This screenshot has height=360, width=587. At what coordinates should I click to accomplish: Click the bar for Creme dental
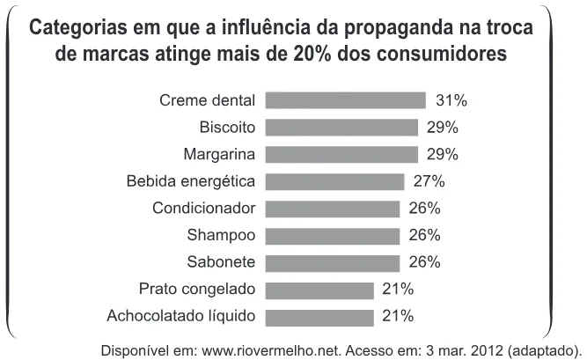click(x=346, y=100)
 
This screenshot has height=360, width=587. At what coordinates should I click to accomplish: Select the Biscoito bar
click(x=341, y=128)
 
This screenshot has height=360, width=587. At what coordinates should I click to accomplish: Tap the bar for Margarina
click(x=341, y=154)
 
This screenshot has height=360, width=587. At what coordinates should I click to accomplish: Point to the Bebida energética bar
click(x=335, y=181)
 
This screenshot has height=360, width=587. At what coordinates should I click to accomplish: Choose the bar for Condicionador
click(x=333, y=209)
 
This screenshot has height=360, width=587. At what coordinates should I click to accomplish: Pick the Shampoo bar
click(x=333, y=236)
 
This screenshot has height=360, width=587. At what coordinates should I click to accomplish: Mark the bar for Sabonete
click(x=333, y=262)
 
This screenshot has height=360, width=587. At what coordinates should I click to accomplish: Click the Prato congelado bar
click(x=319, y=290)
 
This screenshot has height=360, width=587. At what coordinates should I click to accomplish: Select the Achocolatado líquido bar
click(x=319, y=317)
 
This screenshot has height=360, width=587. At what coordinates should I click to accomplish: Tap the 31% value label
click(x=451, y=100)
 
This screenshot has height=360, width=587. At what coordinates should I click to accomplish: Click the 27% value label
click(x=429, y=181)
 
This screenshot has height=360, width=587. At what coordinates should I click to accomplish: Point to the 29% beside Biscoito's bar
click(x=443, y=128)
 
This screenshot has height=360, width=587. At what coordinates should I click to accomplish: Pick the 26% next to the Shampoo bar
click(x=425, y=235)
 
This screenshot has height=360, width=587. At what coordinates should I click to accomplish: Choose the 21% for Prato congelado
click(x=398, y=290)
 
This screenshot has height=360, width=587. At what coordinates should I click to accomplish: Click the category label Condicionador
click(x=203, y=208)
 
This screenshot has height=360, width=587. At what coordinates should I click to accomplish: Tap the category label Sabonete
click(x=221, y=261)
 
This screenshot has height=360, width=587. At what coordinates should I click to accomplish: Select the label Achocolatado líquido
click(x=181, y=316)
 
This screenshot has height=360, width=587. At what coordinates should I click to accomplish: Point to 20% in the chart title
click(x=312, y=54)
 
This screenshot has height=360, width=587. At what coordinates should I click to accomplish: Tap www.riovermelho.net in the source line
click(x=271, y=350)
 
